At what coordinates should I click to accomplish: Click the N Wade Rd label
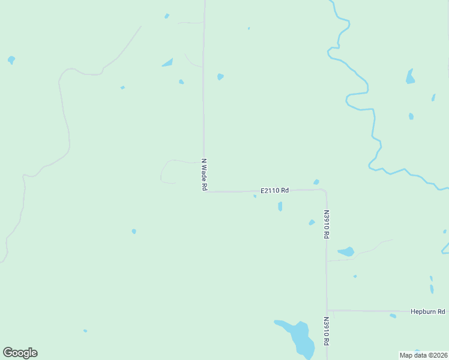[x=204, y=175]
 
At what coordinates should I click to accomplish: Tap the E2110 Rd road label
[x=274, y=190]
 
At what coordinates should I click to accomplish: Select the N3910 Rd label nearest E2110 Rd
[x=327, y=224]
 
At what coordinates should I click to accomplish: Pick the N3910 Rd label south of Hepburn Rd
[x=327, y=331]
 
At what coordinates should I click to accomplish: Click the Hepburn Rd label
[x=428, y=311]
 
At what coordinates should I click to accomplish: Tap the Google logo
[x=20, y=353]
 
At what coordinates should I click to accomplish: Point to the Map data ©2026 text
[x=423, y=355]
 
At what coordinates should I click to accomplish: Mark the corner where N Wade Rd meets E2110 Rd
[x=205, y=191]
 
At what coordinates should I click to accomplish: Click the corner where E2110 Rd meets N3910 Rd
[x=325, y=191]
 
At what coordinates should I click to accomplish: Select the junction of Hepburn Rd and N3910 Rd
[x=327, y=310]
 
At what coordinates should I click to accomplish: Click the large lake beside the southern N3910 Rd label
[x=300, y=337]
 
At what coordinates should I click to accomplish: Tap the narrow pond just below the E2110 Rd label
[x=280, y=206]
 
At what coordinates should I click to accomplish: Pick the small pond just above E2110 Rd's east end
[x=316, y=182]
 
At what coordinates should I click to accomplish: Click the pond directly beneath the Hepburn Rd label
[x=393, y=316]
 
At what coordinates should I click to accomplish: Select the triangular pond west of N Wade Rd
[x=167, y=62]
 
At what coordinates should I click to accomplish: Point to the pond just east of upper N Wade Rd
[x=220, y=77]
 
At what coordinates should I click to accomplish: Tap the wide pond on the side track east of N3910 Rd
[x=346, y=251]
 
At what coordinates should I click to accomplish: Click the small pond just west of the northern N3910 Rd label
[x=312, y=223]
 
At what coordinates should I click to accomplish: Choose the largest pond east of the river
[x=410, y=77]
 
